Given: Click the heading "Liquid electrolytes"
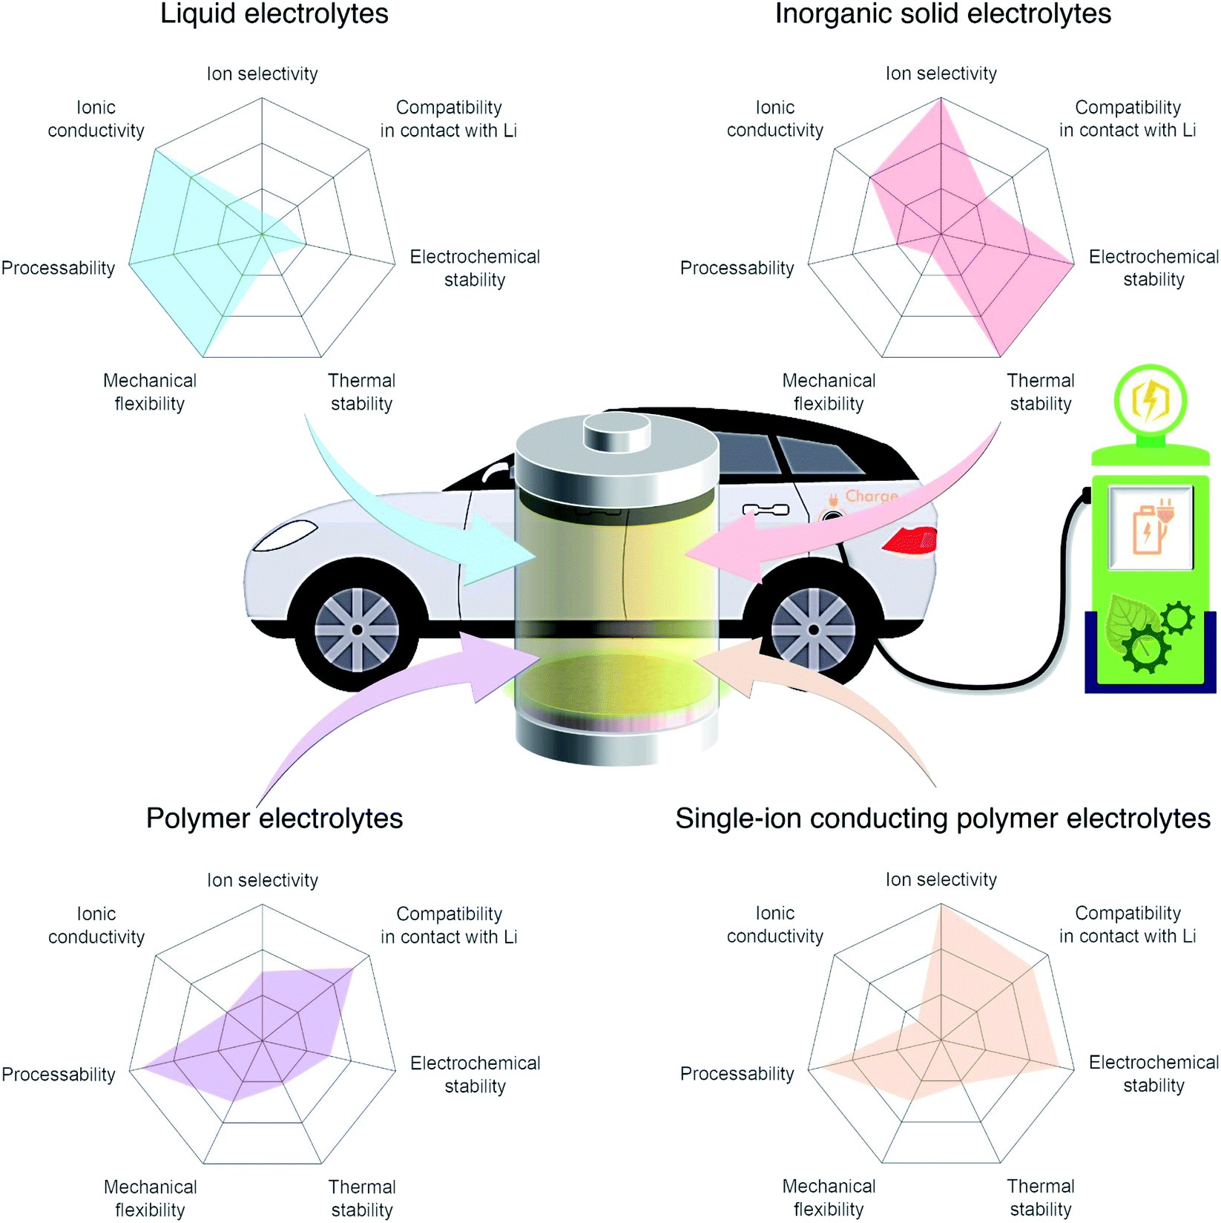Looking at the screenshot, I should tap(274, 14).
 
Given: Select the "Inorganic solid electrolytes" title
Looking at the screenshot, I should tap(942, 14).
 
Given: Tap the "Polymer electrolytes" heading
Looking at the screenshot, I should tap(274, 818).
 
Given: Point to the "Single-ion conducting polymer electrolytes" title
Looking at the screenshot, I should tap(942, 818).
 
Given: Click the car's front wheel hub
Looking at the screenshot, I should tap(357, 629).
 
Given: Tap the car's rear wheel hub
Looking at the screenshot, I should tap(813, 629).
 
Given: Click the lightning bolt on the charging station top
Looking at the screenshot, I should tap(1151, 401).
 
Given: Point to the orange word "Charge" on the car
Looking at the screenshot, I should tap(871, 496).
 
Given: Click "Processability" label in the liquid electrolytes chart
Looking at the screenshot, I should tap(58, 268).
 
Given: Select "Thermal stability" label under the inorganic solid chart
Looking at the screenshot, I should tap(1040, 392).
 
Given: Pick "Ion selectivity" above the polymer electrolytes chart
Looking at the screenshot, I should tap(262, 880).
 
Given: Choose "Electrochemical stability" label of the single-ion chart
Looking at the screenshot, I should tap(1153, 1074).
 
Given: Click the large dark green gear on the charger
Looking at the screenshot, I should tap(1145, 647).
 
